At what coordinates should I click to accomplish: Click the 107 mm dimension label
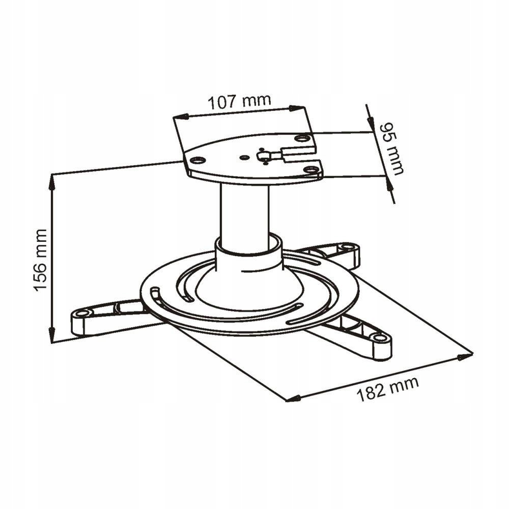coord(239,102)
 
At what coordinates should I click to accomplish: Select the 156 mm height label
coord(41,260)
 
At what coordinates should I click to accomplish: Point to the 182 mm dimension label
coord(387,388)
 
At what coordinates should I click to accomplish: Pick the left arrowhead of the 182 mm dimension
coord(292,399)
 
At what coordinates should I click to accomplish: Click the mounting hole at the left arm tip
coord(81,314)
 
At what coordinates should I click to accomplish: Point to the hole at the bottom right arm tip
coord(379,337)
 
